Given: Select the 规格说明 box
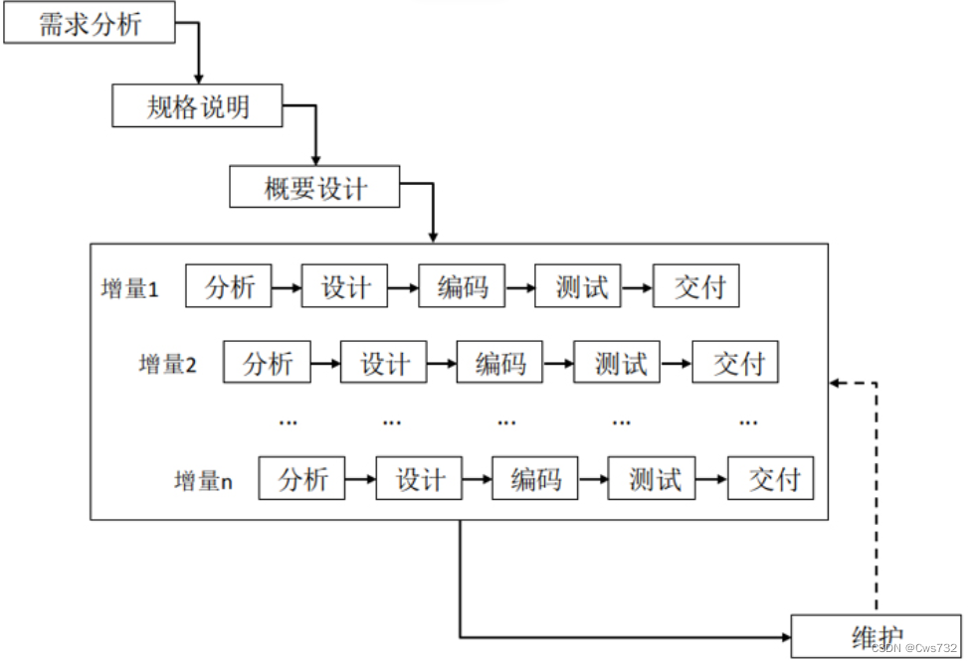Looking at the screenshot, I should [x=198, y=107].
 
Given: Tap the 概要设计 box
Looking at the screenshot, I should [x=314, y=189].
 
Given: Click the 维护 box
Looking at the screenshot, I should [x=876, y=635].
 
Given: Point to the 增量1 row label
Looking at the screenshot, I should [x=130, y=290].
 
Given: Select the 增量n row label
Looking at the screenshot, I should [x=203, y=481].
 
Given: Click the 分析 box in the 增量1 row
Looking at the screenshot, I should [x=230, y=288].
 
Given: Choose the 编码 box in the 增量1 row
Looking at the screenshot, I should [x=463, y=288].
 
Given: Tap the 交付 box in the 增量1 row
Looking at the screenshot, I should [x=698, y=288].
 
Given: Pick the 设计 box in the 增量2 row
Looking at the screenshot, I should [x=384, y=364].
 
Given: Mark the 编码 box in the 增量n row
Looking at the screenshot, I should [x=536, y=479].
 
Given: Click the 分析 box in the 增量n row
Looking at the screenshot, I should [x=302, y=479].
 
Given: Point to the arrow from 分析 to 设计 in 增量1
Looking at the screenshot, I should [x=287, y=288].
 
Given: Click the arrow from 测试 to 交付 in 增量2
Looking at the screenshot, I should [x=678, y=364].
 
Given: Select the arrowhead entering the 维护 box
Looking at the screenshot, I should [x=783, y=636].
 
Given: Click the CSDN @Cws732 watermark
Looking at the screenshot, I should [x=913, y=647].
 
